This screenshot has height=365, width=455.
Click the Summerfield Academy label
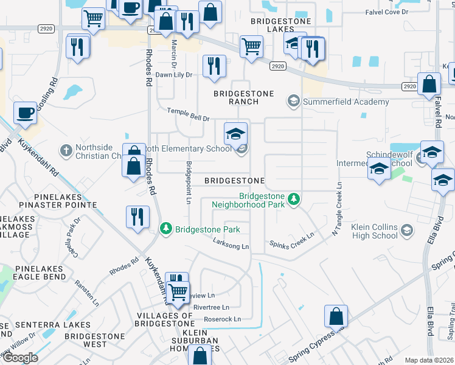pos(347,102)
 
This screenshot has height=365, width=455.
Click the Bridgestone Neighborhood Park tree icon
pos(294,200)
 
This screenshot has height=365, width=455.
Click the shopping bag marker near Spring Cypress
pos(336,316)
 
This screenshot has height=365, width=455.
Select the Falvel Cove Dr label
pos(394,12)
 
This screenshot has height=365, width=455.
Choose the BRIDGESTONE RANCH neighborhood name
pos(243,98)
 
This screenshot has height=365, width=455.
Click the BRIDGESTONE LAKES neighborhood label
pos(281,26)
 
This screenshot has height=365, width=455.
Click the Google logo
pos(20,358)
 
